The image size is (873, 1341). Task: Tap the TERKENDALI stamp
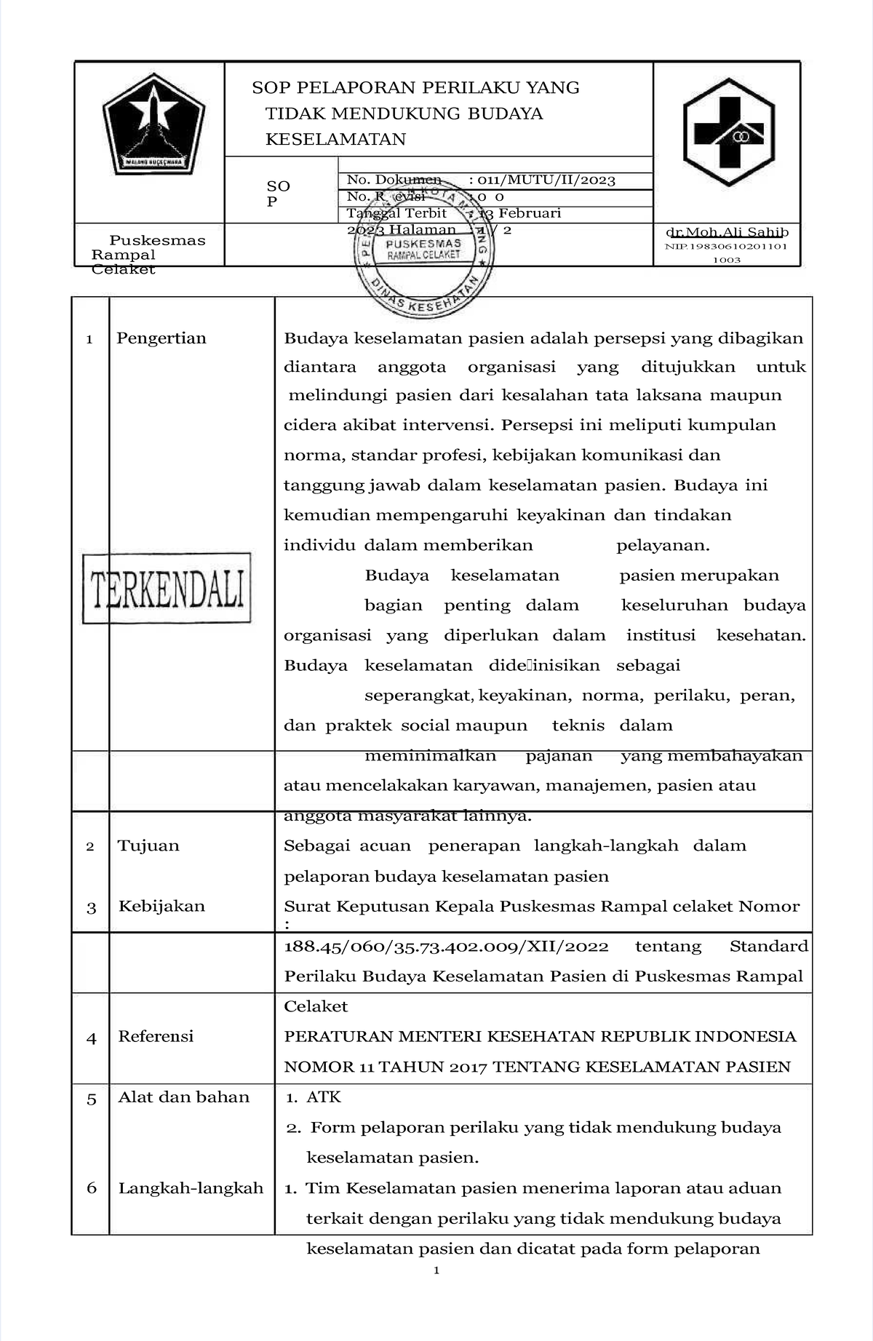point(167,588)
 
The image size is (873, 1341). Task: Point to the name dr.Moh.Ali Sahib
point(727,232)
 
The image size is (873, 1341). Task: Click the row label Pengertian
point(162,338)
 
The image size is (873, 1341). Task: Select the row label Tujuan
point(148,845)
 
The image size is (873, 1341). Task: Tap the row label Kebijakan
point(162,906)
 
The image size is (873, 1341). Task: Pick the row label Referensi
point(156,1036)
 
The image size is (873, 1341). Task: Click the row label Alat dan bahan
point(183,1097)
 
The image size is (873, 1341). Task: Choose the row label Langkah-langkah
point(191,1188)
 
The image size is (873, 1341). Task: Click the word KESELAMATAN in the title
point(335,139)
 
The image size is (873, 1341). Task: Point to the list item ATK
point(324,1097)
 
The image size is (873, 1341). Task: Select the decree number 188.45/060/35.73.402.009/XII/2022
point(446,946)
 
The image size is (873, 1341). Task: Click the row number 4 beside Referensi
point(92,1038)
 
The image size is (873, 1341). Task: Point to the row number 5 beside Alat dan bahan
point(92,1099)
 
